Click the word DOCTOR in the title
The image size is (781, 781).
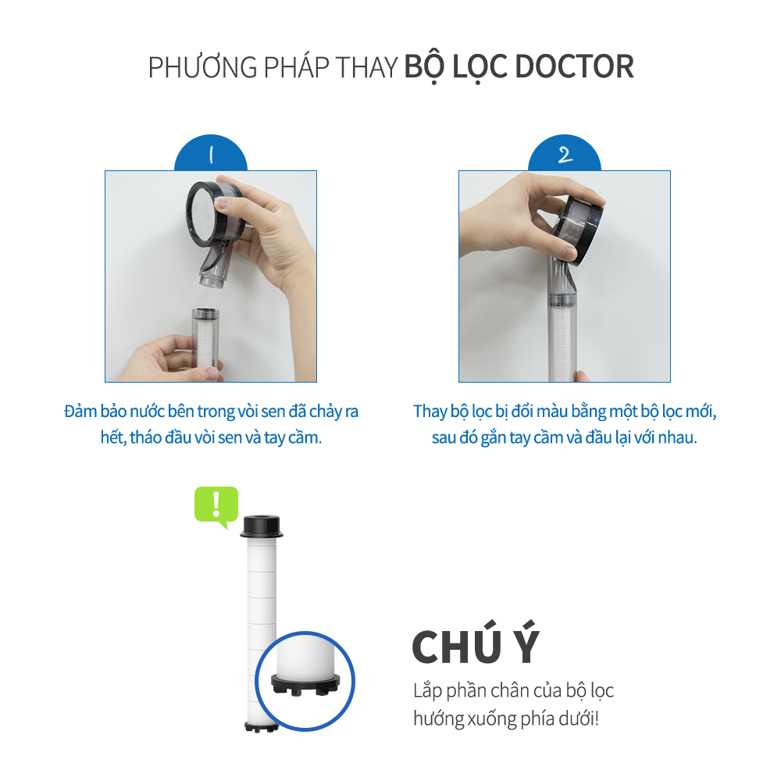[574, 66]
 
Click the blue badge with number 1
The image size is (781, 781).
[211, 153]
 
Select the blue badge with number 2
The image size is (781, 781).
[565, 153]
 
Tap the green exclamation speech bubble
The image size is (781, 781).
[216, 505]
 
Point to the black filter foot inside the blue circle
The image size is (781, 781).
[305, 684]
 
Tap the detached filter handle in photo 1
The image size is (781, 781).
[205, 339]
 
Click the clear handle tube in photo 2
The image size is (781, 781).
[562, 319]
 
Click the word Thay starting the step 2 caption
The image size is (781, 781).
[430, 412]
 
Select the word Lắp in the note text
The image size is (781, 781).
[428, 691]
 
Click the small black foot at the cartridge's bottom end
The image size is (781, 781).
[262, 726]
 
